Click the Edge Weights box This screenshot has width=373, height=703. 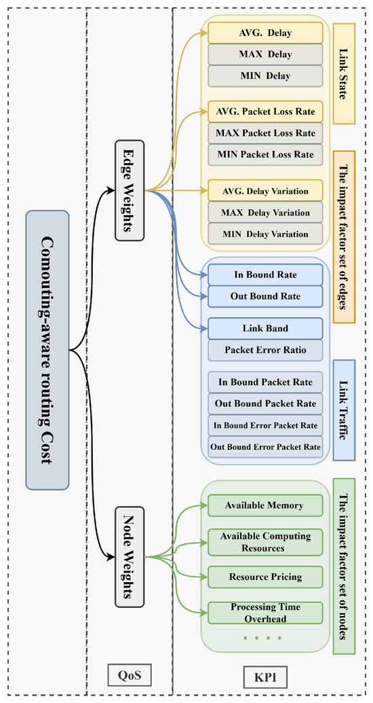[x=130, y=191]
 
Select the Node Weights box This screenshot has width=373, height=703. [x=130, y=557]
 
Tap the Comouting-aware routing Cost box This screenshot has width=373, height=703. [x=47, y=350]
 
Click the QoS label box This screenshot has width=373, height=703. [x=130, y=674]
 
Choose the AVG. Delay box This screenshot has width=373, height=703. [x=265, y=33]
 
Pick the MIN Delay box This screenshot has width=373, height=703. [x=265, y=76]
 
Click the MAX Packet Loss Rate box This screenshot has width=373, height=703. [x=265, y=133]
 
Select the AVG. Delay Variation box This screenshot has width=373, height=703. [x=265, y=191]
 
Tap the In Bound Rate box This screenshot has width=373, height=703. [x=265, y=275]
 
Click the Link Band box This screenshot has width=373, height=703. [x=265, y=329]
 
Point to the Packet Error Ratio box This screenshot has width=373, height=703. [x=265, y=350]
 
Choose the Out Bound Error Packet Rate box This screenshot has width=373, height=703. [x=265, y=447]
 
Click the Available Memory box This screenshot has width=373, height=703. [x=265, y=505]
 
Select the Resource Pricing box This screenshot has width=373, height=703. [x=265, y=577]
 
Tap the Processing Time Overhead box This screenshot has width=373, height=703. [x=265, y=613]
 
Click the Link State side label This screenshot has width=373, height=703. [x=344, y=74]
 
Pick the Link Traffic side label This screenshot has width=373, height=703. [x=344, y=410]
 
